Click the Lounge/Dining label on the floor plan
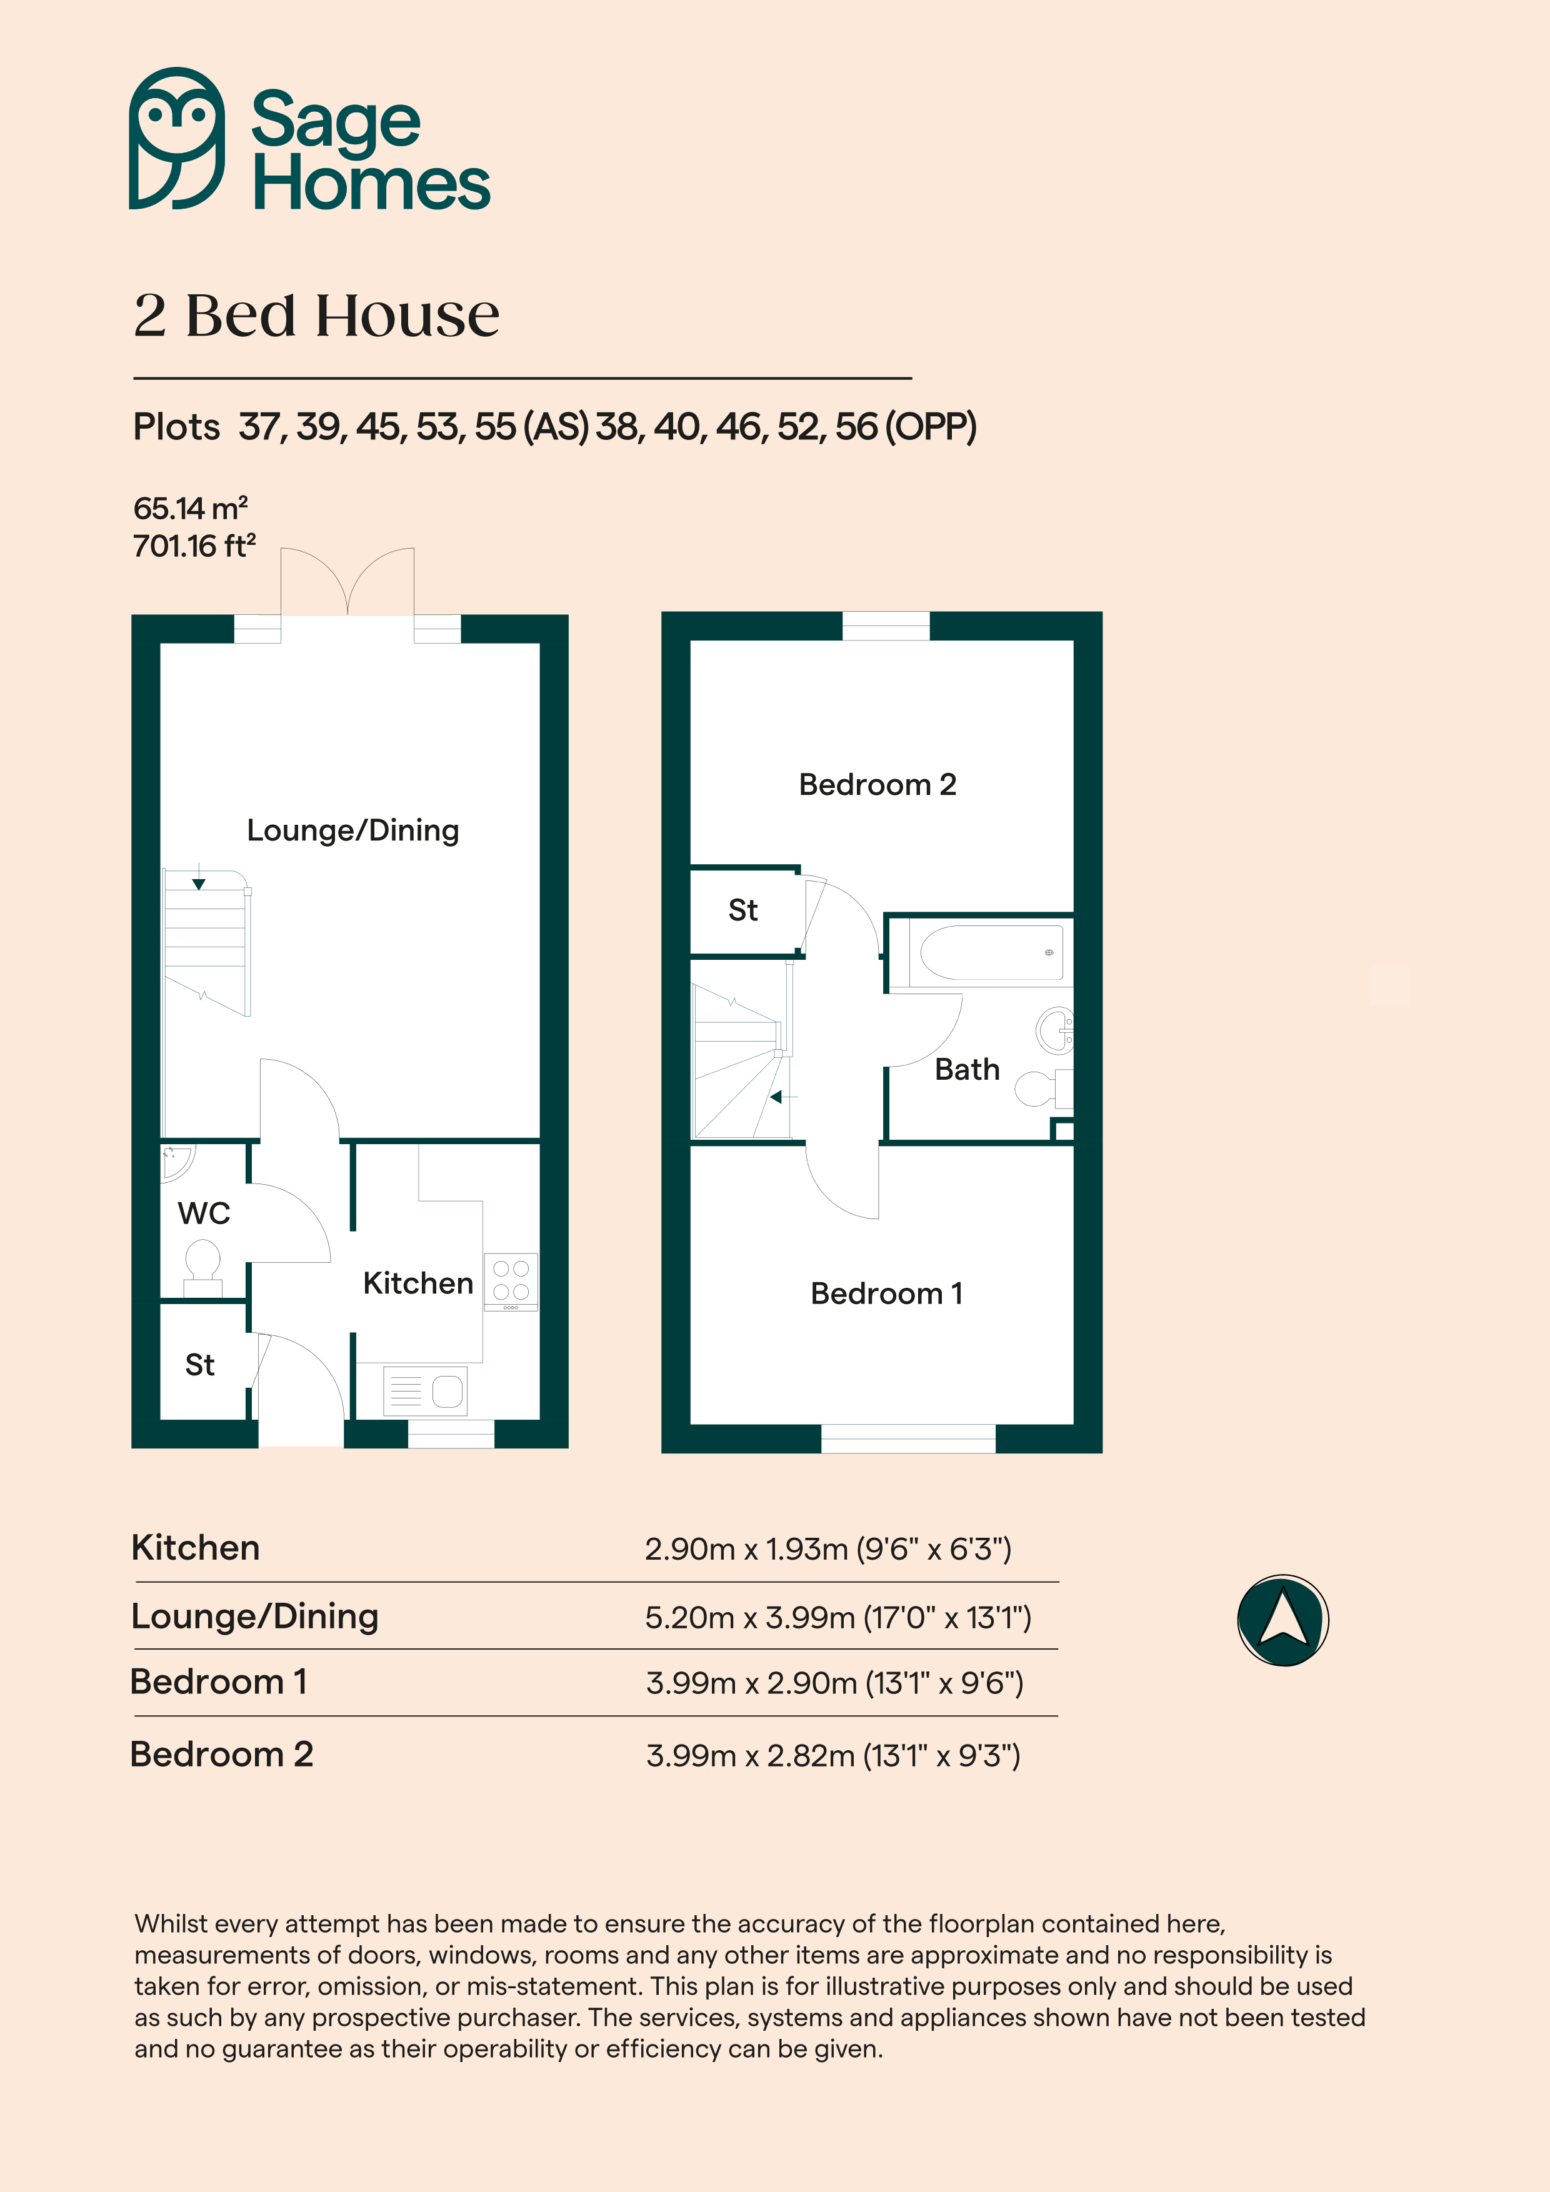click(353, 830)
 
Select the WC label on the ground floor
click(203, 1213)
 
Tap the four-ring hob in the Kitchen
click(511, 1281)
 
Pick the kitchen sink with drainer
click(425, 1390)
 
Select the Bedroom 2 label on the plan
click(877, 785)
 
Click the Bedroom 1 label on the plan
click(886, 1293)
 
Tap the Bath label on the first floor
click(966, 1069)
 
